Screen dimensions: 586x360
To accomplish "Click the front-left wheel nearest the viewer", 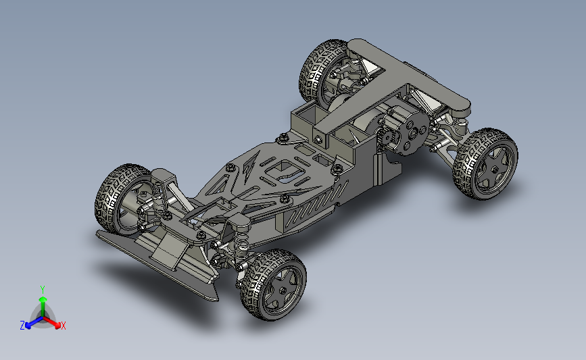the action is tap(273, 285).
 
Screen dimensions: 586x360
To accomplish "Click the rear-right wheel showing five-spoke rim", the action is tap(485, 164).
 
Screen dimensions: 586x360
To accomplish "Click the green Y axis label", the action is tap(42, 290).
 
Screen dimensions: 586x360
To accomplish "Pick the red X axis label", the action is tap(63, 326).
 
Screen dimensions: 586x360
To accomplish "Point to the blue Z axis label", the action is tap(22, 326).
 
